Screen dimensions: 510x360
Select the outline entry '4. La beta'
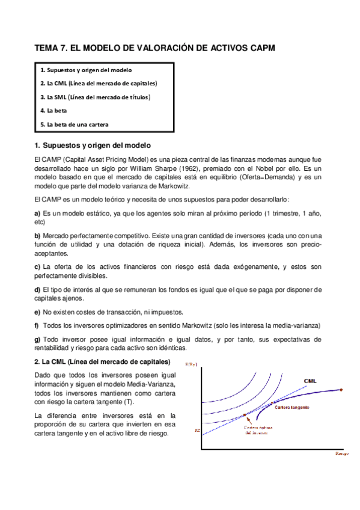(53, 111)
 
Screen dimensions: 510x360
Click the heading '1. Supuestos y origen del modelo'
(93, 145)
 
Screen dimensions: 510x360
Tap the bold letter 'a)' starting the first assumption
(38, 214)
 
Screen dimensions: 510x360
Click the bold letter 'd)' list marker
(38, 290)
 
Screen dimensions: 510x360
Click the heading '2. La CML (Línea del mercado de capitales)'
(102, 361)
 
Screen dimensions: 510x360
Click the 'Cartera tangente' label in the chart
(292, 407)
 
